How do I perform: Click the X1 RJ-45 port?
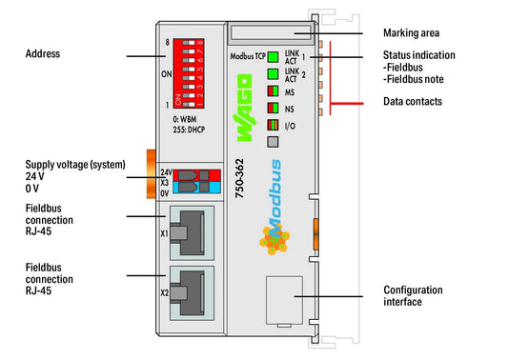[x=192, y=232]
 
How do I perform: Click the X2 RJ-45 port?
[x=192, y=293]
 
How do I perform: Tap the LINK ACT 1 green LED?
[x=274, y=57]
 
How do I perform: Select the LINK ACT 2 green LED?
[x=274, y=74]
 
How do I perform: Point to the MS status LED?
[x=274, y=91]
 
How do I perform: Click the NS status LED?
[x=274, y=108]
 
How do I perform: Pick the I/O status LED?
[x=274, y=125]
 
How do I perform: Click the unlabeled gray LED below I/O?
[x=274, y=142]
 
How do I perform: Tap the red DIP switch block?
[x=189, y=73]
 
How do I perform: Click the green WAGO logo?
[x=244, y=108]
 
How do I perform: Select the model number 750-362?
[x=240, y=178]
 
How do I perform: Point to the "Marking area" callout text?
[x=411, y=33]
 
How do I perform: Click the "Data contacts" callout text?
[x=413, y=101]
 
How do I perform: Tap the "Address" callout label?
[x=43, y=53]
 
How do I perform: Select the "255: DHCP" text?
[x=189, y=130]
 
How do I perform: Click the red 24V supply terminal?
[x=196, y=175]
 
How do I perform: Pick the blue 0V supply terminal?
[x=196, y=188]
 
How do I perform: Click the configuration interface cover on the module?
[x=284, y=300]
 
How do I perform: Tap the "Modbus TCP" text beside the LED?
[x=248, y=56]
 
